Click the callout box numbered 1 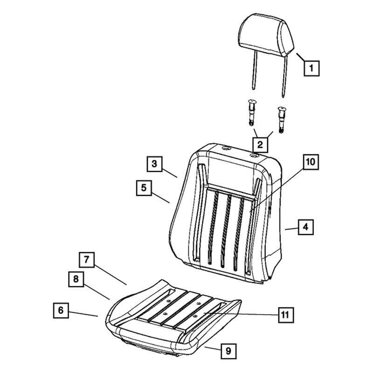point(311,68)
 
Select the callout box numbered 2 point(260,145)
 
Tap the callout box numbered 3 point(154,164)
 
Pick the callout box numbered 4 point(306,227)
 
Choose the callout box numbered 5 point(144,188)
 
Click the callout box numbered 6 point(61,310)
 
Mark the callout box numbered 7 point(87,260)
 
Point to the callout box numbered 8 point(76,279)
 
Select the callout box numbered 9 point(228,351)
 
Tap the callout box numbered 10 point(311,162)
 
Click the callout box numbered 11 point(286,315)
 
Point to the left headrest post point(255,71)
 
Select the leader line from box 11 point(241,314)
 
